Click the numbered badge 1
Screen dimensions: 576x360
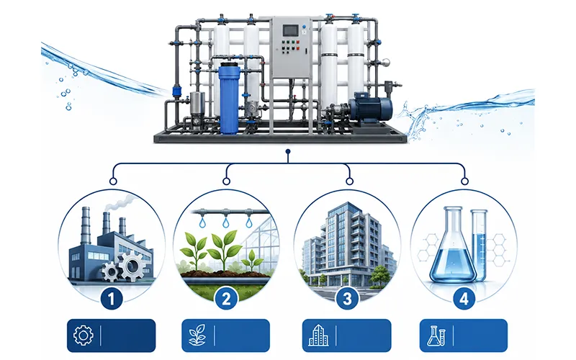[x=112, y=299]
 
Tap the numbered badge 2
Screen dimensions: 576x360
[x=226, y=299]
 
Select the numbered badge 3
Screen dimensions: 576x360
[x=347, y=299]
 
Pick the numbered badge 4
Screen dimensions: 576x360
[x=464, y=299]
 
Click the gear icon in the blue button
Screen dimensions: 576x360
[x=84, y=335]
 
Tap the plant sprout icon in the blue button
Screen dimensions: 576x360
[x=197, y=335]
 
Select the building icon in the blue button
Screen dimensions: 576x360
[x=318, y=335]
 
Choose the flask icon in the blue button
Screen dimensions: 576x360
[x=436, y=336]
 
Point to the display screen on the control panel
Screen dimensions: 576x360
[x=291, y=30]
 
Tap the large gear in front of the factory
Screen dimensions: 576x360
[x=132, y=266]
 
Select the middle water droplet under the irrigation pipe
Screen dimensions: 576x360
[x=225, y=222]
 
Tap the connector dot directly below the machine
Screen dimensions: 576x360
[x=288, y=151]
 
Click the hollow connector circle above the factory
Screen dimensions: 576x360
[x=113, y=181]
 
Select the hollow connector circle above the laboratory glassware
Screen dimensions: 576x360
[x=464, y=181]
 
